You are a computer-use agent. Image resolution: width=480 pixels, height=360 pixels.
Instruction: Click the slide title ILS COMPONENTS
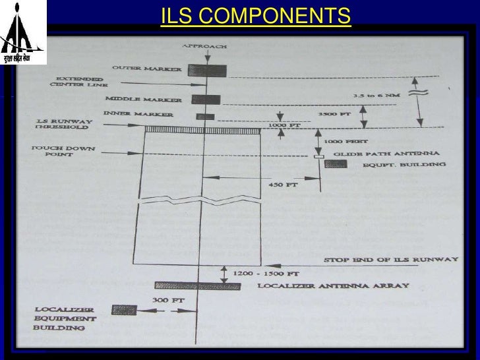click(255, 14)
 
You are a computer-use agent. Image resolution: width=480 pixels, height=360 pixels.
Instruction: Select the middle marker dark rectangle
click(205, 100)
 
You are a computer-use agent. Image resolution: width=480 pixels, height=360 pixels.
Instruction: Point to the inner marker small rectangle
click(205, 117)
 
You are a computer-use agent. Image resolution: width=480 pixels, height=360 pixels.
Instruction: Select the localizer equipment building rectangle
click(125, 309)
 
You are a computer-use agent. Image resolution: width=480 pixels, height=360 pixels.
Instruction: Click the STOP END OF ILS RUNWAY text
click(378, 260)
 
